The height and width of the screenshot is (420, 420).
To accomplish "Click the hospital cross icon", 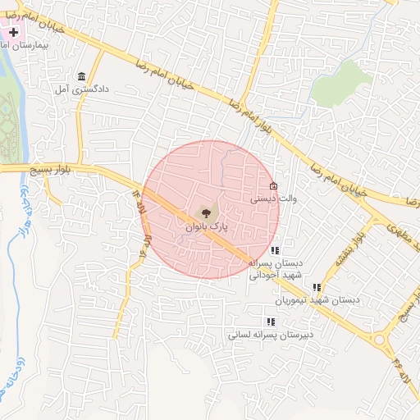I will [x=14, y=32].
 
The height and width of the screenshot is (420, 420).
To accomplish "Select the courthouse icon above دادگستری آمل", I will [x=80, y=74].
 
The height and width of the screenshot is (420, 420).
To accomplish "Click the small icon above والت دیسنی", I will [x=273, y=186].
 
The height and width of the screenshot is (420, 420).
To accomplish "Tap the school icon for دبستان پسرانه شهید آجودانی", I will [x=274, y=250].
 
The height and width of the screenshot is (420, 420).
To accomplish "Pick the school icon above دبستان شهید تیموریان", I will [x=317, y=287].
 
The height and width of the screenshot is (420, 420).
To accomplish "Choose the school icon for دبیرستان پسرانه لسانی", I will [x=270, y=322].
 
